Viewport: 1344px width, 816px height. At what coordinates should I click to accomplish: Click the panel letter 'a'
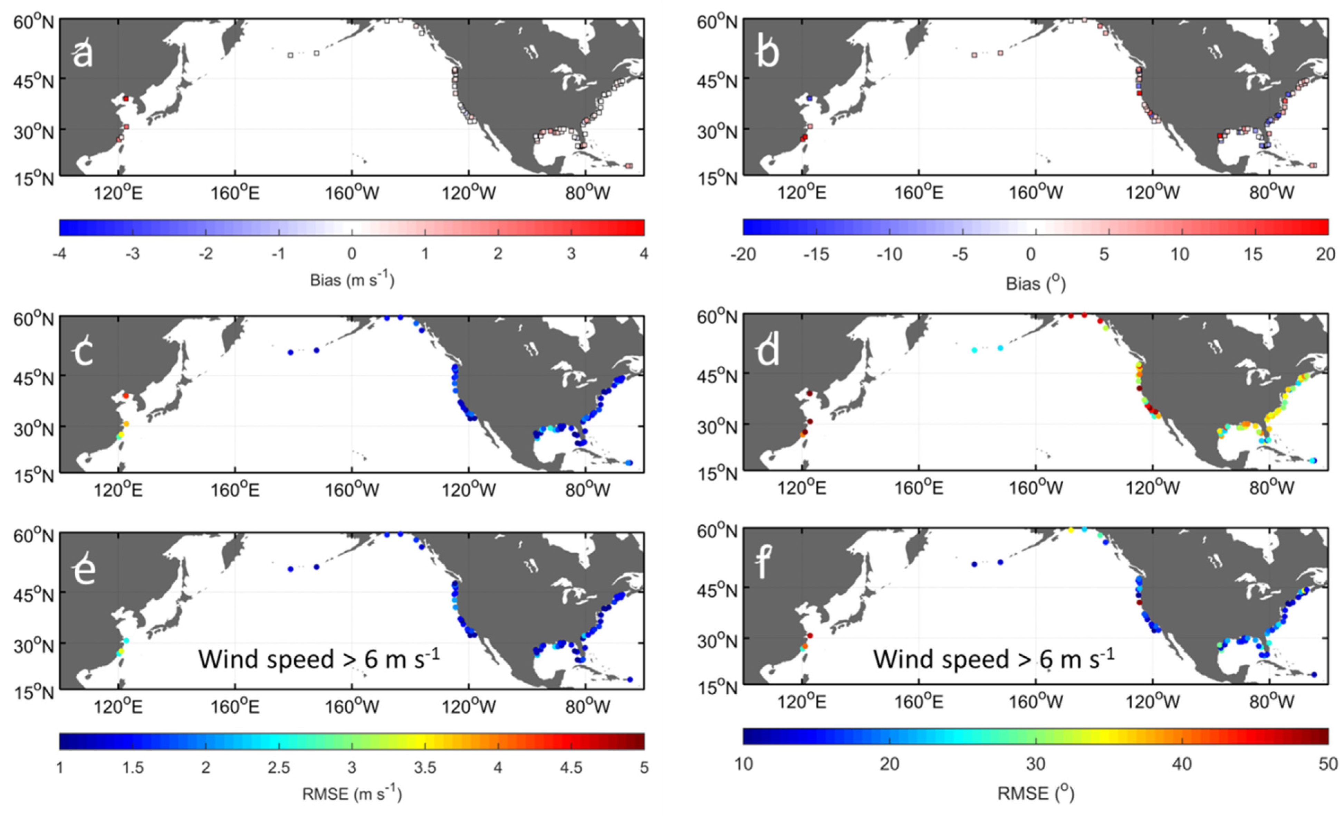pos(83,55)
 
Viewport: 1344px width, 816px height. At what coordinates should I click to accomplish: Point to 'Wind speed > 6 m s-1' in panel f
pos(994,658)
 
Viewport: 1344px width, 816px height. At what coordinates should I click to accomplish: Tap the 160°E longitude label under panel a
pos(235,193)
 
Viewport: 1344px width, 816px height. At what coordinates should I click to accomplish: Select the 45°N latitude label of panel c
pos(34,377)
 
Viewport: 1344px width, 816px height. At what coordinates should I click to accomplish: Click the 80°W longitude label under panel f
pos(1271,701)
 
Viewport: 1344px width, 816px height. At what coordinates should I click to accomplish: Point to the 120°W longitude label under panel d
pos(1153,487)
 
